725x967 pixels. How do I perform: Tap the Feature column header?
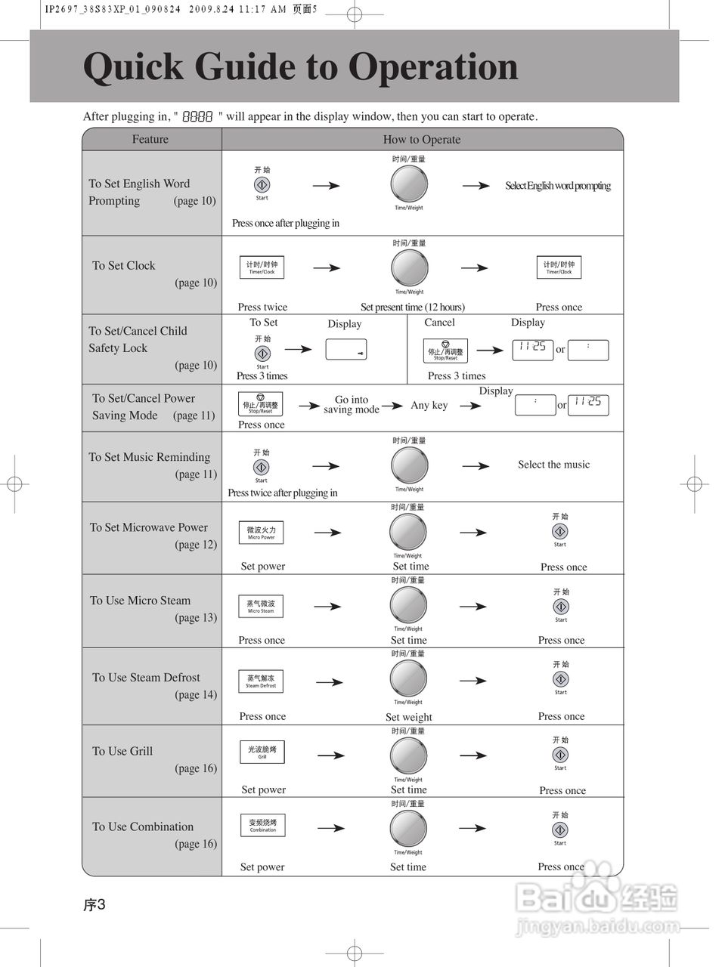(x=150, y=139)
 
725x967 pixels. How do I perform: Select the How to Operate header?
(x=421, y=139)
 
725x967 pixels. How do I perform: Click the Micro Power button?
(x=262, y=533)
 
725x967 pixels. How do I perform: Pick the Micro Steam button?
(x=262, y=606)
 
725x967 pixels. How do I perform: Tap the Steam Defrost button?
(x=262, y=681)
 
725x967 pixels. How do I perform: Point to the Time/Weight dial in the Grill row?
(x=408, y=755)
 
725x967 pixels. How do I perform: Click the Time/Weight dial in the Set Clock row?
(x=409, y=267)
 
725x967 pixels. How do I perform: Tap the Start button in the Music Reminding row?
(x=261, y=467)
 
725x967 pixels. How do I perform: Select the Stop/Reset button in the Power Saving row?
(x=261, y=403)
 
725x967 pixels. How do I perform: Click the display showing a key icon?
(x=345, y=350)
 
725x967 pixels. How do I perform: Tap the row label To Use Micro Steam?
(x=141, y=601)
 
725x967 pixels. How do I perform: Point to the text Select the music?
(x=553, y=465)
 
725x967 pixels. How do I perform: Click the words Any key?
(x=429, y=405)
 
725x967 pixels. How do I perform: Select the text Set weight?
(x=408, y=717)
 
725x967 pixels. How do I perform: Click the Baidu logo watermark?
(x=597, y=899)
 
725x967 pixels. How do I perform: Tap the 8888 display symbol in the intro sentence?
(x=197, y=117)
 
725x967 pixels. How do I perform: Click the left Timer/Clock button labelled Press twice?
(x=262, y=267)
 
